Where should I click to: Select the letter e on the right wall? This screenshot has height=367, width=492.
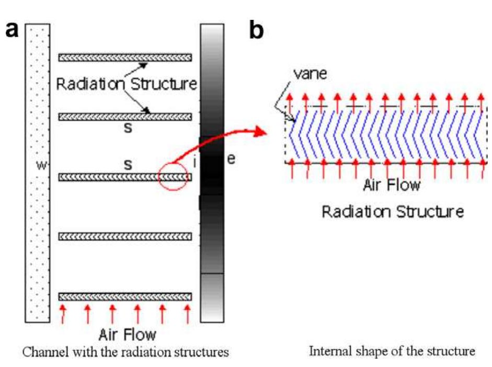(x=231, y=159)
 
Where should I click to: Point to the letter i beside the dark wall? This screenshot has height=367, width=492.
(x=195, y=163)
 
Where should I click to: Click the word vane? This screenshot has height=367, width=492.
(x=310, y=74)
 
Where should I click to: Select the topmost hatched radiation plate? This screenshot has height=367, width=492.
(x=125, y=58)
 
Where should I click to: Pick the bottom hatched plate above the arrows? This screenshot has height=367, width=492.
(x=125, y=296)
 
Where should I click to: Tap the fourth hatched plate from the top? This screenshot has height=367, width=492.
(x=125, y=236)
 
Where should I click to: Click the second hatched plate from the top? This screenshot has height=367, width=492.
(x=125, y=117)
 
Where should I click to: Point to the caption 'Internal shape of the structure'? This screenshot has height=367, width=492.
(x=392, y=351)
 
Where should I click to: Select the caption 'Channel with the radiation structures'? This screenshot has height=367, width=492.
(x=125, y=352)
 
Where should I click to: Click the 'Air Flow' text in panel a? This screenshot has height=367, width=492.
(x=128, y=334)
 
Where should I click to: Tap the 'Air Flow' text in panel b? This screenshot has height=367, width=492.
(x=392, y=186)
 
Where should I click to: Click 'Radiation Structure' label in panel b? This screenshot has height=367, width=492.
(x=393, y=212)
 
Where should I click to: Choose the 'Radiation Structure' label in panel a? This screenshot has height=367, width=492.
(x=127, y=84)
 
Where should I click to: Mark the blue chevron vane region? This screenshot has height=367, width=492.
(x=387, y=136)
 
